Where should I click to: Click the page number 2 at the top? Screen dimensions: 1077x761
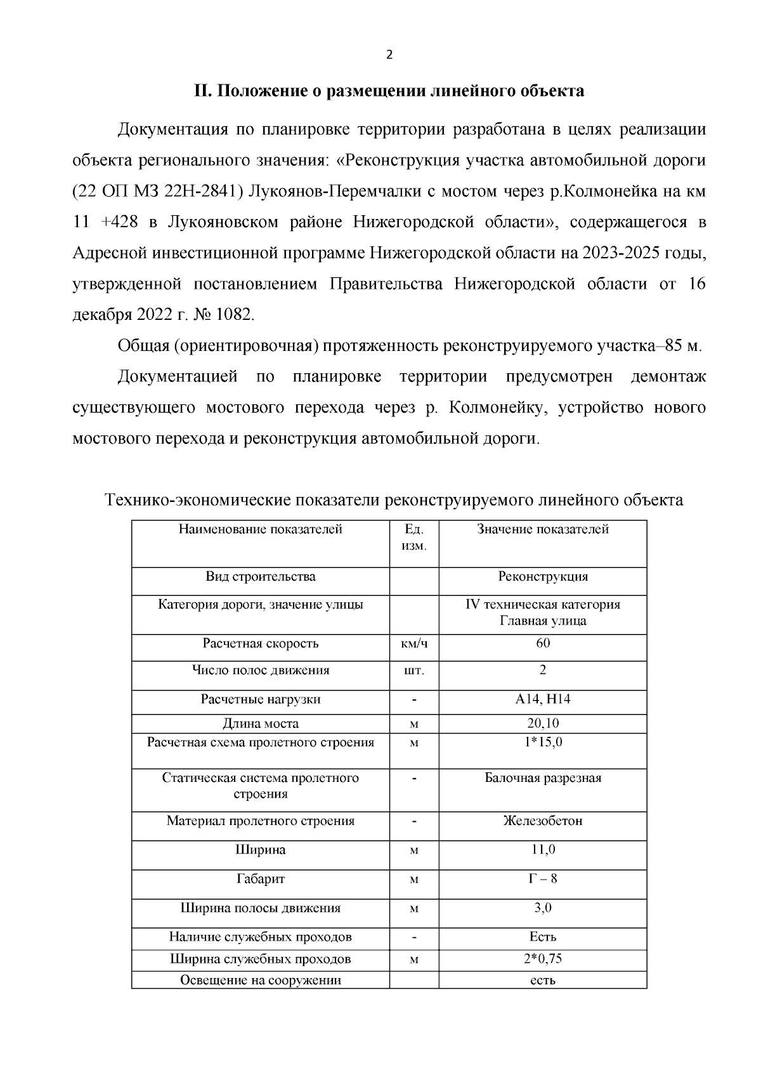point(389,55)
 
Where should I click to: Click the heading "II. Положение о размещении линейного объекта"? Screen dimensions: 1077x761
point(389,91)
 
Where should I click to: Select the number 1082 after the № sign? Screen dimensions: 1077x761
point(235,314)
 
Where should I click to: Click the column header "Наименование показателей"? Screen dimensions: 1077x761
point(260,529)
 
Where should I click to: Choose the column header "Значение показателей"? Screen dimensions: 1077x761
point(543,529)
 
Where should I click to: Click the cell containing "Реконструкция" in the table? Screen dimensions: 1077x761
point(543,577)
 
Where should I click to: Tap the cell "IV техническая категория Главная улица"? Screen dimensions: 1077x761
point(543,612)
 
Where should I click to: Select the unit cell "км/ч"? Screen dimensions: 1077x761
point(414,644)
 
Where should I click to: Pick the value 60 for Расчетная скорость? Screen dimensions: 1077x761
point(543,643)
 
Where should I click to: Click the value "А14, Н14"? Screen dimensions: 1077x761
point(543,699)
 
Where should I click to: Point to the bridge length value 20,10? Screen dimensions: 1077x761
point(543,724)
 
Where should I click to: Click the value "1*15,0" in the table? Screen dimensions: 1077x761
point(543,742)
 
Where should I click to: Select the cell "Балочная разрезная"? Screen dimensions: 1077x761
point(543,778)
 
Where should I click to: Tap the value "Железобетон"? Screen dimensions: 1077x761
point(543,821)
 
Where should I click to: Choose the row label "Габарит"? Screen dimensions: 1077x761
point(260,879)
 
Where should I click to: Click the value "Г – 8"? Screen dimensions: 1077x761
point(543,879)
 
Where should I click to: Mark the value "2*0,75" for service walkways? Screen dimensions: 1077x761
point(543,958)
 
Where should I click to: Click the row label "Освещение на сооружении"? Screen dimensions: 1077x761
point(260,980)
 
